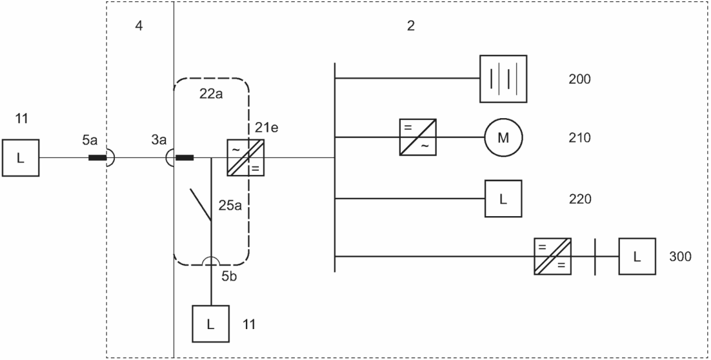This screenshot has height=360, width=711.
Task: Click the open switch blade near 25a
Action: [201, 205]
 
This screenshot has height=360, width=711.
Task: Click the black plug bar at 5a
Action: [97, 158]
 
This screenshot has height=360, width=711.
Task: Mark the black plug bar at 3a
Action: [184, 158]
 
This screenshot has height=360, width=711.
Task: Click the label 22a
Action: [211, 94]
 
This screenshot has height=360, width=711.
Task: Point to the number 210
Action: [579, 138]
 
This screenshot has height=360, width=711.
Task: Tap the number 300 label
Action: [680, 257]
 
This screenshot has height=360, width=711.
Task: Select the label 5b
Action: [229, 276]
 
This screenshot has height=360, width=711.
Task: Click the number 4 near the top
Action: [139, 26]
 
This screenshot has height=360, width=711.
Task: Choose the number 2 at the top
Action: [411, 26]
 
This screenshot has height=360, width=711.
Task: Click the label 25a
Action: [230, 205]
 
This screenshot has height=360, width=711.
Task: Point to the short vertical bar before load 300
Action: [595, 256]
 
